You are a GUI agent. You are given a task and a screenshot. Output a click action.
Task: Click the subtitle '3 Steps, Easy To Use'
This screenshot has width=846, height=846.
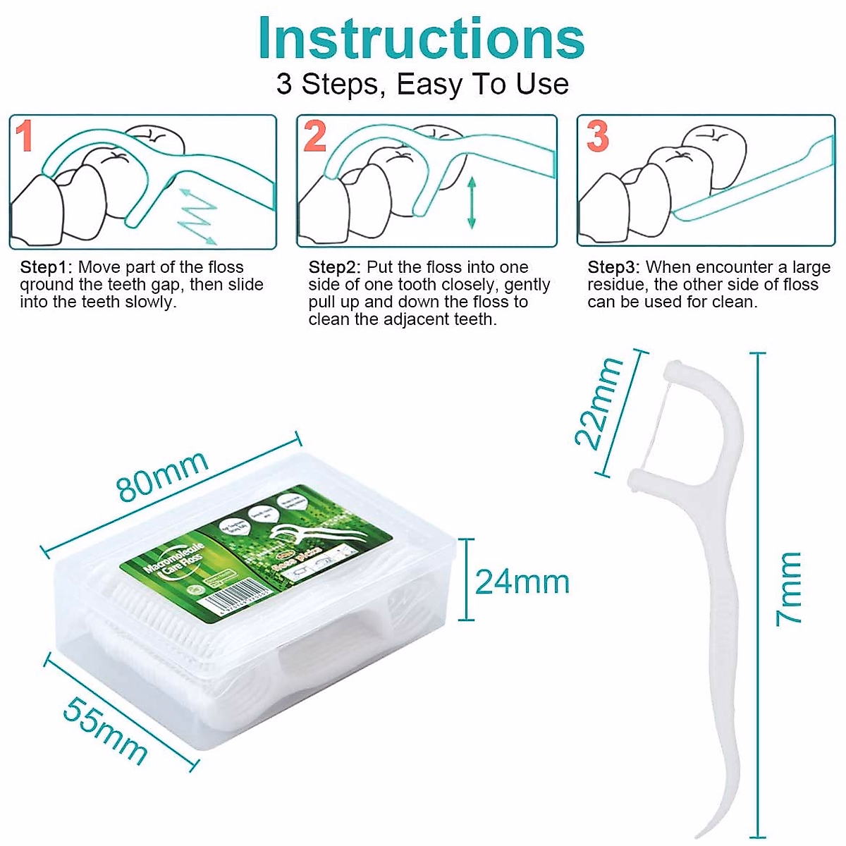click(x=422, y=85)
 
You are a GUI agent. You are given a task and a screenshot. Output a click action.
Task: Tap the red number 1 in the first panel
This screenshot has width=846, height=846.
click(x=25, y=136)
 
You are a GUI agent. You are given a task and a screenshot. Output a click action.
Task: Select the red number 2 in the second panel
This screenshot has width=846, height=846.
click(x=315, y=136)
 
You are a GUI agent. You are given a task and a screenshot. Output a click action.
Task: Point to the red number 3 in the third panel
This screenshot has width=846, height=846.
click(x=597, y=136)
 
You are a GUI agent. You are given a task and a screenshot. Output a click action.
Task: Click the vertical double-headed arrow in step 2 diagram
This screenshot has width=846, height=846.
click(x=472, y=203)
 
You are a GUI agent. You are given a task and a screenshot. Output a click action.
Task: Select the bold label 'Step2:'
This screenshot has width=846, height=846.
click(x=335, y=268)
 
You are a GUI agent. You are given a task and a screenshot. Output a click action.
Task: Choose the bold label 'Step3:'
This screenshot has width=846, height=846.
click(x=614, y=268)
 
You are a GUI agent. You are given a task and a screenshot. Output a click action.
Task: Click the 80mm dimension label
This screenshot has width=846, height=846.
click(x=163, y=475)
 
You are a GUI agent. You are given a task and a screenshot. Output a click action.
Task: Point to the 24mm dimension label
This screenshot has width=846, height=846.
click(x=522, y=582)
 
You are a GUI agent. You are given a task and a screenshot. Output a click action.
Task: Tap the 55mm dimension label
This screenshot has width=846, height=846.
click(x=106, y=730)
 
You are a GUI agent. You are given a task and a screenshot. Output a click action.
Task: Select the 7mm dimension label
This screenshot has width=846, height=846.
click(x=789, y=589)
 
